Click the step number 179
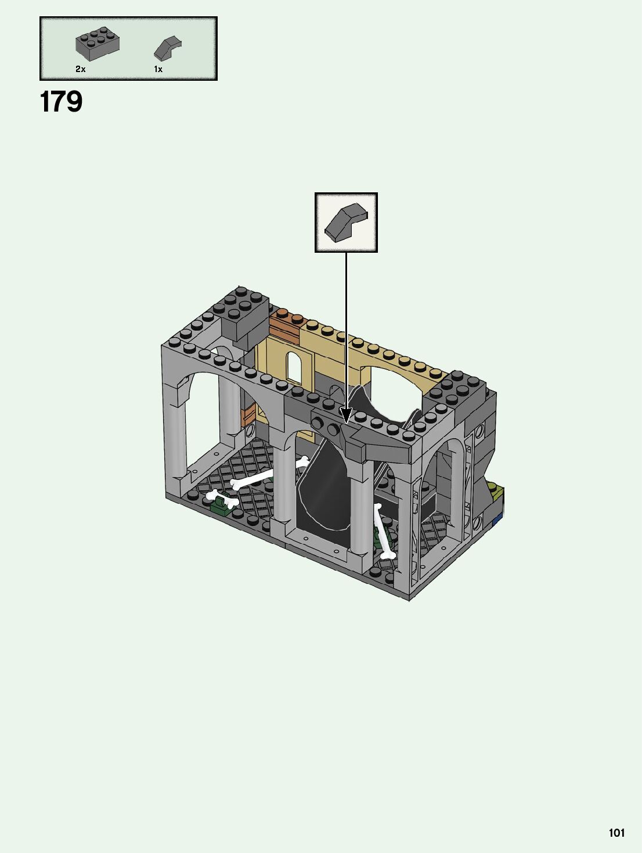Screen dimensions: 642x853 pyautogui.click(x=61, y=102)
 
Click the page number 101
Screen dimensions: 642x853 pyautogui.click(x=617, y=833)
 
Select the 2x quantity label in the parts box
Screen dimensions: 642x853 pyautogui.click(x=80, y=69)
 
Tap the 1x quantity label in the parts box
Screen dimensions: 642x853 pyautogui.click(x=158, y=69)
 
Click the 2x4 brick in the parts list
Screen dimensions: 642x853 pyautogui.click(x=98, y=44)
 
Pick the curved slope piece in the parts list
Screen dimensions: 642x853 pyautogui.click(x=167, y=48)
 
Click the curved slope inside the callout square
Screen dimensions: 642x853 pyautogui.click(x=345, y=222)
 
